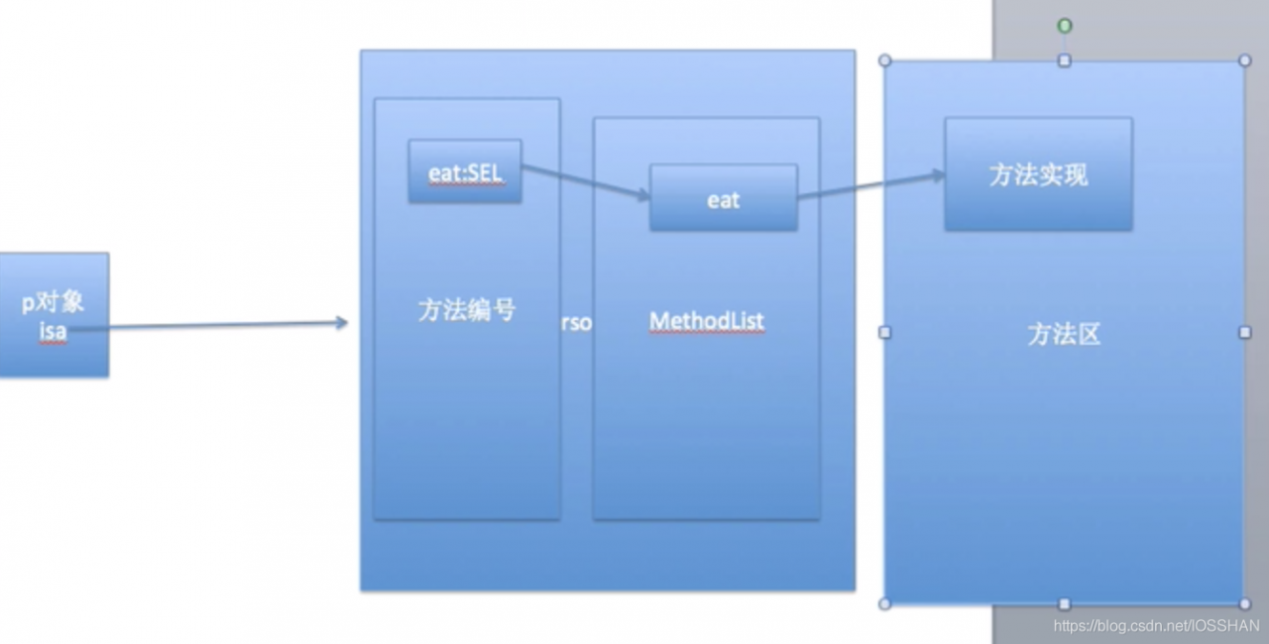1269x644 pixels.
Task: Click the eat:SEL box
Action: (465, 171)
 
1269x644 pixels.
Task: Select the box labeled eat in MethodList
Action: (723, 198)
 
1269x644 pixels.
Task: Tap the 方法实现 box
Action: (1038, 174)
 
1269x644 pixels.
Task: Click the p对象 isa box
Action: (53, 315)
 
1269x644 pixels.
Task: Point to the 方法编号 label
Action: (466, 310)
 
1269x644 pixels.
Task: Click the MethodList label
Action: (706, 321)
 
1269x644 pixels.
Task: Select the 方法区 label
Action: (1064, 334)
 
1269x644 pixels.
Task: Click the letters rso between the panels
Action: (576, 323)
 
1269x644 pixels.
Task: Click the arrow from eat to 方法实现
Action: (870, 185)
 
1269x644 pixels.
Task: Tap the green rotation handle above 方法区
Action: (1064, 26)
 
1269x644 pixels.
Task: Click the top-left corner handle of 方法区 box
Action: (884, 60)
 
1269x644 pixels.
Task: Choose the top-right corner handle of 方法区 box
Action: (1245, 60)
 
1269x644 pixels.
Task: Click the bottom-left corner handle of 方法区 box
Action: (884, 603)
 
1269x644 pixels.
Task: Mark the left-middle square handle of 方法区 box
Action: (884, 332)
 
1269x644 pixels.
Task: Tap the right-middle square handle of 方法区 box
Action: (1245, 332)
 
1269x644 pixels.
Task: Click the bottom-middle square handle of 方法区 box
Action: (1064, 603)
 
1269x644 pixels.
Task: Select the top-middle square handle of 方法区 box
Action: (1064, 60)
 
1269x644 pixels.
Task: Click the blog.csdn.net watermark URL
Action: (1156, 626)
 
